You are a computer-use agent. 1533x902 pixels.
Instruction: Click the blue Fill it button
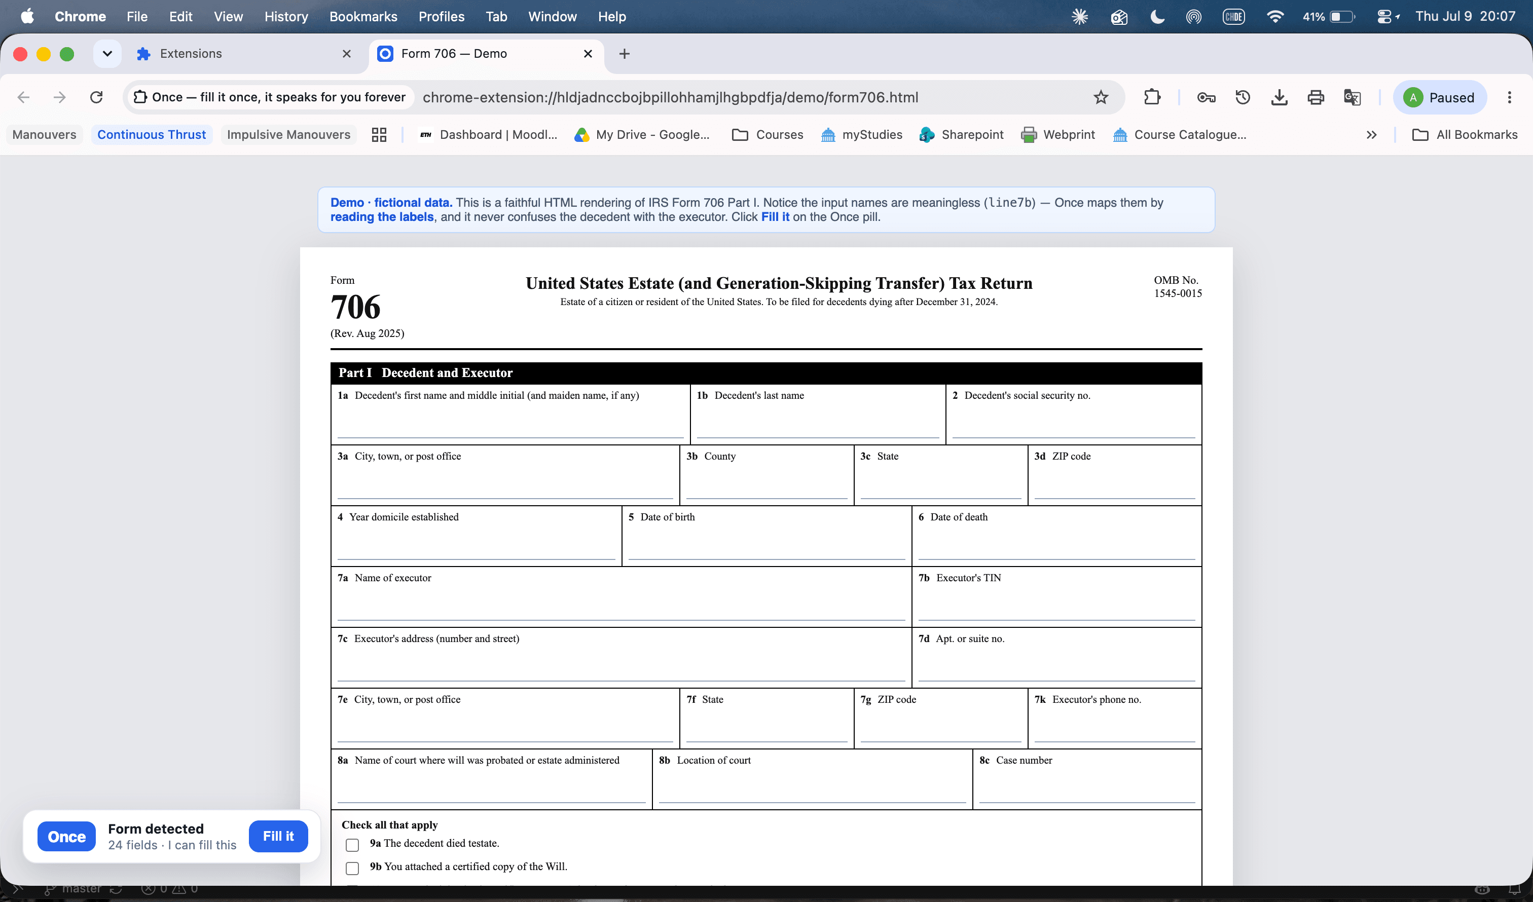coord(278,836)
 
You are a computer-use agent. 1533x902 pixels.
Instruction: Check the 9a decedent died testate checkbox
coord(352,845)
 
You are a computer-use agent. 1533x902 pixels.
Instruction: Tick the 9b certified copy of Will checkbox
coord(352,868)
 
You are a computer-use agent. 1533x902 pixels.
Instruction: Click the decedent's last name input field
coord(818,423)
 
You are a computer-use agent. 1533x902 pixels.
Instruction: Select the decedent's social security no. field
coord(1074,423)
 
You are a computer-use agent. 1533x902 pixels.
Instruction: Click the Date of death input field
coord(1056,544)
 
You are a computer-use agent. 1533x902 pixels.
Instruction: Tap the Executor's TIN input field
coord(1056,605)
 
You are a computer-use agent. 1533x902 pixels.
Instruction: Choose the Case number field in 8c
coord(1087,787)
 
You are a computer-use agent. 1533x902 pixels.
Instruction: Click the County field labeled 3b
coord(766,483)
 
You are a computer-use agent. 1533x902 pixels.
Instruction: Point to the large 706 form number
coord(355,307)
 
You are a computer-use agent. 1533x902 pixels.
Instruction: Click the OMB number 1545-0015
coord(1178,293)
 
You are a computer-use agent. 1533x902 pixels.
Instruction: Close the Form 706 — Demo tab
coord(588,54)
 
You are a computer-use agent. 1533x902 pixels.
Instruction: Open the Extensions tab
coord(243,54)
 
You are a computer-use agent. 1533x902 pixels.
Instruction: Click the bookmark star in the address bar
coord(1101,97)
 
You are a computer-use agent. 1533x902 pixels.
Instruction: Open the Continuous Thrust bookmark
coord(152,134)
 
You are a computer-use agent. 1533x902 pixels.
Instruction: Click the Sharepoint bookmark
coord(961,134)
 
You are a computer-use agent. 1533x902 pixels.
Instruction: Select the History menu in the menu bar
coord(286,16)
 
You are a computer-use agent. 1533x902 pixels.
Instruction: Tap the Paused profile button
coord(1439,97)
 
